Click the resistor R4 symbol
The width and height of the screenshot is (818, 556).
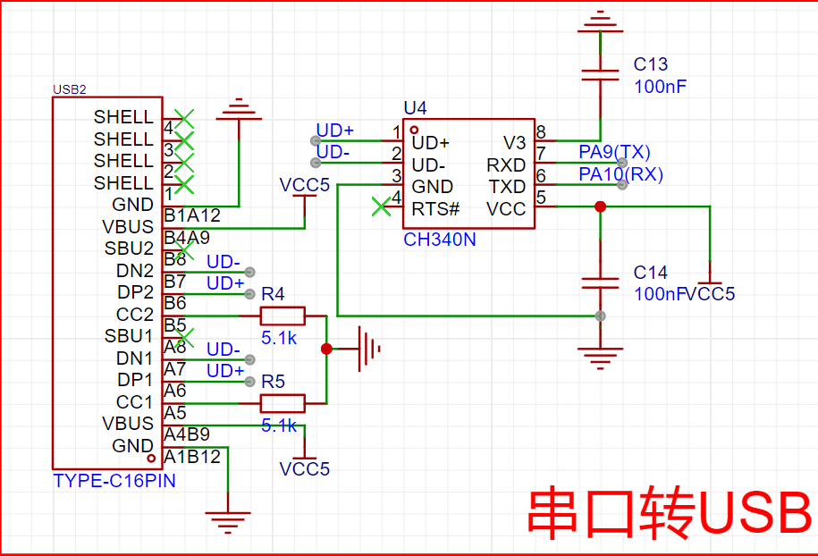tap(283, 316)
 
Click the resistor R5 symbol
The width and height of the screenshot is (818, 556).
tap(283, 402)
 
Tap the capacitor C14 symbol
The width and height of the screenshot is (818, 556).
tap(600, 282)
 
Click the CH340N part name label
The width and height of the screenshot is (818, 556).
tap(440, 240)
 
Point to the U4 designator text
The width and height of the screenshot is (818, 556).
tap(415, 108)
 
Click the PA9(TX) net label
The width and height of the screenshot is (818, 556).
tap(615, 151)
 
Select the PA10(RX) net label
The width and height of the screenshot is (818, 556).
tap(620, 174)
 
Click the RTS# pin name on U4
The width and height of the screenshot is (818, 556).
tap(435, 209)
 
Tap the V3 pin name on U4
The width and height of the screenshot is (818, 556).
tap(514, 142)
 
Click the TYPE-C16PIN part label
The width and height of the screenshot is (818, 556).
tap(114, 480)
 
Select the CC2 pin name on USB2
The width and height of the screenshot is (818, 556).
tap(135, 315)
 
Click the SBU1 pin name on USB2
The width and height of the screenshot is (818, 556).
tap(130, 336)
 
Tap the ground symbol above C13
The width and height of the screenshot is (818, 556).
tap(600, 21)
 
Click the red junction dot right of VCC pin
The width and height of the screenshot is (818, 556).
tap(600, 206)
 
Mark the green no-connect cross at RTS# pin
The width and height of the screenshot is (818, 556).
tap(382, 206)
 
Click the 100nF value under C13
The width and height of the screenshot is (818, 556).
tap(660, 87)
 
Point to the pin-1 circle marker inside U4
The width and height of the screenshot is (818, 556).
tap(414, 129)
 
